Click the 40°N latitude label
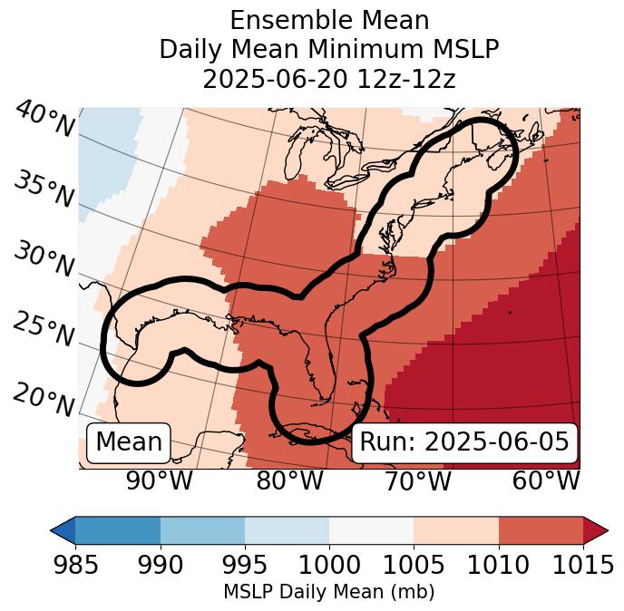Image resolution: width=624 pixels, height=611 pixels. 44,120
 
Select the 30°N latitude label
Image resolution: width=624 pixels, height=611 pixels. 44,260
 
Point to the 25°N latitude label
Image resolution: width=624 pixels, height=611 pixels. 44,330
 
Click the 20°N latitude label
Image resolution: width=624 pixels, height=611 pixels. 44,400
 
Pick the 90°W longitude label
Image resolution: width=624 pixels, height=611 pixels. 160,481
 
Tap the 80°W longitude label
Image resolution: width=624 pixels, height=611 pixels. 289,481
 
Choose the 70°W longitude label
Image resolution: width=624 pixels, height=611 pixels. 417,481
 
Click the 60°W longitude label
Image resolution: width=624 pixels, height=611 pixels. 546,481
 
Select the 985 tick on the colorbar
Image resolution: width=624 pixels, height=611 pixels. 75,565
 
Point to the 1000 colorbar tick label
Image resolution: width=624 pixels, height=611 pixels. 329,565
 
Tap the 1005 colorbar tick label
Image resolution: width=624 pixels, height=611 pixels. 414,565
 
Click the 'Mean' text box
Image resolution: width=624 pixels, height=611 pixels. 129,442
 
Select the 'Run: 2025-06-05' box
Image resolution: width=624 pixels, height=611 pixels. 464,442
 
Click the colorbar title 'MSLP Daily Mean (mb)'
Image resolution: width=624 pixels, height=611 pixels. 328,593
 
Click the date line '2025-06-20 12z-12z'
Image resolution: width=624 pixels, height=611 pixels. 329,79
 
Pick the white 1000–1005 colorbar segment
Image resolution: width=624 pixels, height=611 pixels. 371,530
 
